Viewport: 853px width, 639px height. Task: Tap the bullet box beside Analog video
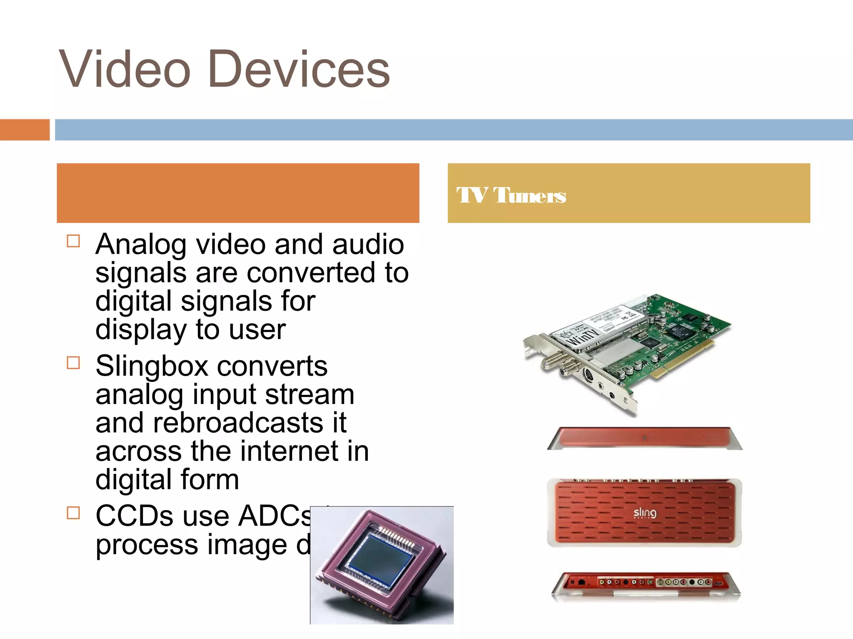(73, 241)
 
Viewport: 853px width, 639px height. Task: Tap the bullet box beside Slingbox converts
(73, 363)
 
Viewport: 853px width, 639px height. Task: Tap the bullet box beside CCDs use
(73, 513)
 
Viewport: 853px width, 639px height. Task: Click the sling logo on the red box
(645, 513)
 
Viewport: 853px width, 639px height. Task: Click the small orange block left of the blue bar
(25, 130)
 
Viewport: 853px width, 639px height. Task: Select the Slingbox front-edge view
(645, 438)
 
